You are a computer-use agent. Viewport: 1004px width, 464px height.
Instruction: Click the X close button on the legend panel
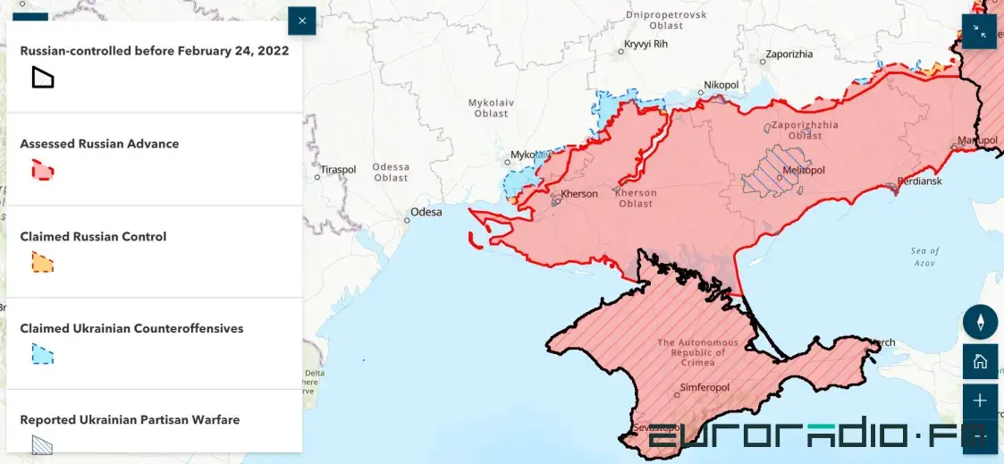click(302, 21)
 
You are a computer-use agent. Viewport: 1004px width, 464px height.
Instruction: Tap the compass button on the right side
click(980, 322)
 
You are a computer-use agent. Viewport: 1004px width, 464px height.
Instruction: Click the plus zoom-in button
click(980, 401)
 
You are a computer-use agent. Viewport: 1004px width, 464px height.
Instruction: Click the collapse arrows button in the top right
click(979, 31)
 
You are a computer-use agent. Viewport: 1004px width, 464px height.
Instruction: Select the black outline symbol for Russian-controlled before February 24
click(42, 78)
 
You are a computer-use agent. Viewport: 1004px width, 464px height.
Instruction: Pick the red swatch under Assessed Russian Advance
click(42, 170)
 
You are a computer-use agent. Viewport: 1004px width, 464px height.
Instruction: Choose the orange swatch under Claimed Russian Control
click(42, 263)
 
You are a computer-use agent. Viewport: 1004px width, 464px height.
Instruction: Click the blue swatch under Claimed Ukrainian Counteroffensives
click(42, 354)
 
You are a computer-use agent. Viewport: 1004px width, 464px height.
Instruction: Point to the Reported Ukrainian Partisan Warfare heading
click(130, 419)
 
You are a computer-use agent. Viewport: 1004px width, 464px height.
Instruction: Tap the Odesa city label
click(426, 213)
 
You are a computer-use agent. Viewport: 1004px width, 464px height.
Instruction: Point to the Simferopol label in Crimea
click(704, 387)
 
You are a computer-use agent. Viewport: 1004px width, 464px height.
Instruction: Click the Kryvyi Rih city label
click(648, 44)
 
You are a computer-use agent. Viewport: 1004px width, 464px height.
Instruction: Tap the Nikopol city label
click(721, 85)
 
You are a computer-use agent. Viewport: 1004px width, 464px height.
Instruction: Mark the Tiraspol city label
click(338, 169)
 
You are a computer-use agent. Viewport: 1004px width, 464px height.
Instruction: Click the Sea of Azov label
click(924, 257)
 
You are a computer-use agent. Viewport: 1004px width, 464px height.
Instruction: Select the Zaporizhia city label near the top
click(789, 54)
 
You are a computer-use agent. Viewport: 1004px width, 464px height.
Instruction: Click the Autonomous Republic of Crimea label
click(698, 352)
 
